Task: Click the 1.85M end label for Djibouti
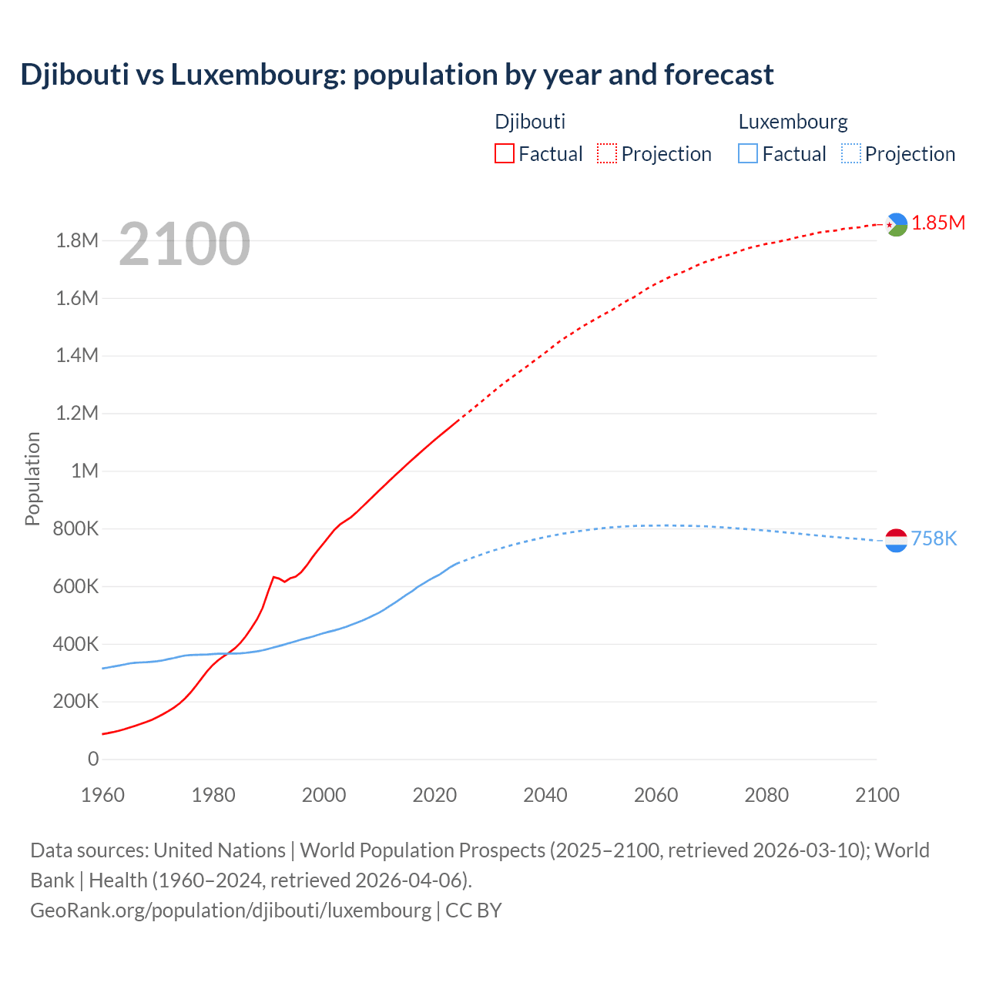(x=938, y=223)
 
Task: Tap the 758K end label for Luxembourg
(x=934, y=538)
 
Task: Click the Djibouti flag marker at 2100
(x=897, y=224)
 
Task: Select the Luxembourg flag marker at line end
(x=897, y=541)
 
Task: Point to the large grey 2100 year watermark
(x=185, y=244)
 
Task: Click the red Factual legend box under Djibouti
(x=504, y=153)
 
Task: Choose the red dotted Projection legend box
(x=607, y=153)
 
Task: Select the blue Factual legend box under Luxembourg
(x=747, y=153)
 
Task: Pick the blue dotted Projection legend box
(x=850, y=153)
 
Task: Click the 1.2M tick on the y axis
(x=77, y=413)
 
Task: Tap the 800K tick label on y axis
(x=77, y=528)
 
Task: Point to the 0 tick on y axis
(x=93, y=759)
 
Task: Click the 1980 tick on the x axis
(x=213, y=795)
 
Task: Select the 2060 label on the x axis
(x=656, y=795)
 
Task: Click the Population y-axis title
(x=32, y=478)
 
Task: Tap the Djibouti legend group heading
(x=530, y=122)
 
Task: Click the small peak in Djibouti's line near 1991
(x=273, y=576)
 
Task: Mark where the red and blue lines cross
(x=228, y=653)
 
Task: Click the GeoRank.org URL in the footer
(x=230, y=910)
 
